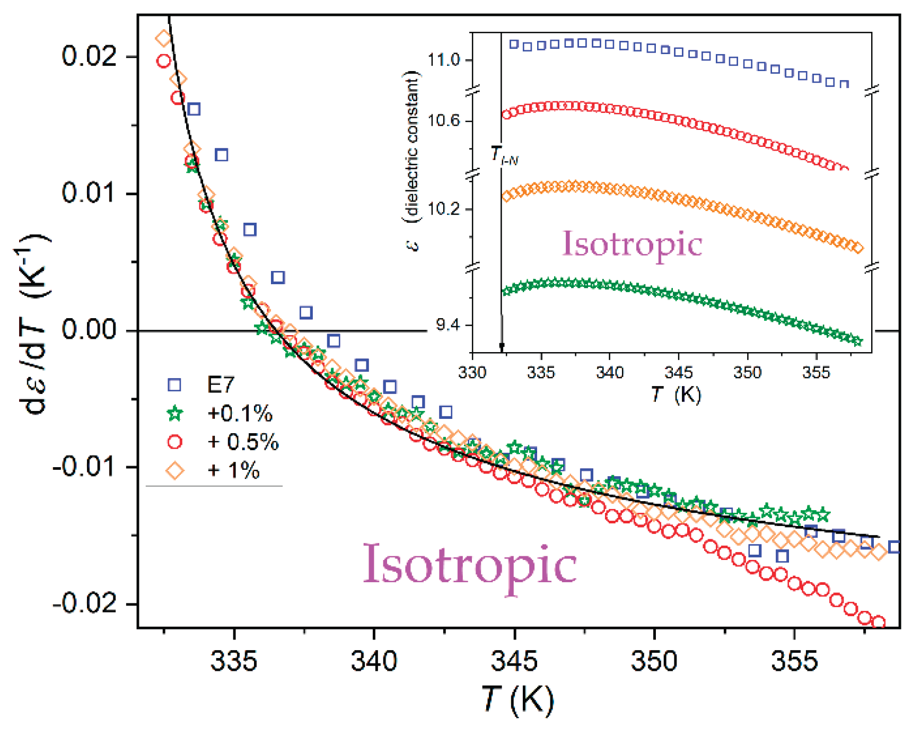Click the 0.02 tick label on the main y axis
point(89,56)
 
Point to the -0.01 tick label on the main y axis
point(84,467)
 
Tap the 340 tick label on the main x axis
point(374,661)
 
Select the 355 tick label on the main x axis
point(794,661)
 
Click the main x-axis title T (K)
point(518,700)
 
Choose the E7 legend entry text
point(221,384)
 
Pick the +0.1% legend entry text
point(240,413)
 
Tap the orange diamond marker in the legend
point(175,470)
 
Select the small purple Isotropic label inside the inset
point(632,244)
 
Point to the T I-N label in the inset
point(504,155)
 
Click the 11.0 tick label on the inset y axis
point(444,60)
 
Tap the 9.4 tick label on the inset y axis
point(448,325)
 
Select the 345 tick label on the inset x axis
point(679,372)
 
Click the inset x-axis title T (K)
point(676,395)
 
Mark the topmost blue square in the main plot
point(194,109)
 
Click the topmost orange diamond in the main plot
point(163,38)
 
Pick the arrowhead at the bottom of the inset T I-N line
point(502,347)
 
